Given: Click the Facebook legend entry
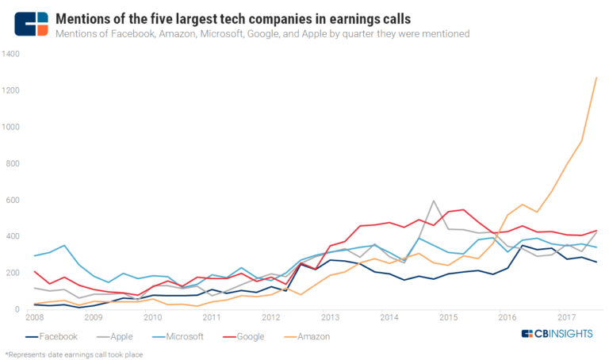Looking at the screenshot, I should [56, 336].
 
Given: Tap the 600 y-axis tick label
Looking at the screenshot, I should [13, 200].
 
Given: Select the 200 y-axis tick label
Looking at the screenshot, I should [13, 273].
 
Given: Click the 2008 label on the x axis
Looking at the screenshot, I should [34, 318].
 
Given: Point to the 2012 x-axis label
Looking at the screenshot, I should [272, 318].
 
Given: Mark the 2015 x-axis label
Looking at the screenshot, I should [450, 318].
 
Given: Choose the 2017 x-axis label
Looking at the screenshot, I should [568, 318].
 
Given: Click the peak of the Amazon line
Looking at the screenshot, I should [596, 78].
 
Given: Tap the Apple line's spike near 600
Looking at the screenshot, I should [434, 201].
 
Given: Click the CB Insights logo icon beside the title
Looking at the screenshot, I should [31, 24].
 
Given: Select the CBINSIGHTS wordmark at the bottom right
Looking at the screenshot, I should [558, 335].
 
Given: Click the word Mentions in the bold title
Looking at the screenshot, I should [86, 17].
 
